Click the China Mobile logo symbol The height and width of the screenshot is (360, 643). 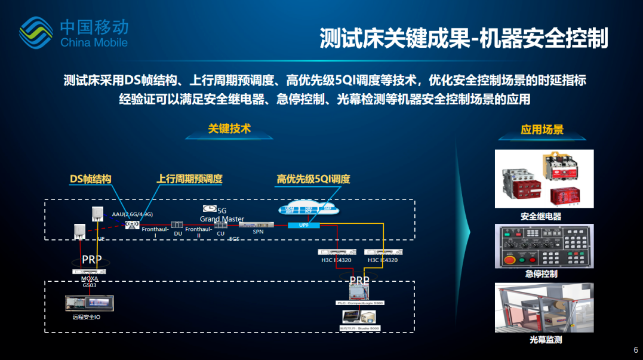[x=37, y=32]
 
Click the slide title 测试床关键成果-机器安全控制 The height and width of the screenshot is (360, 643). [x=464, y=38]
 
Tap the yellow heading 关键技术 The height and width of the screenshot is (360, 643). [x=229, y=128]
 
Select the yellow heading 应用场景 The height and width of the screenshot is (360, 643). [x=542, y=130]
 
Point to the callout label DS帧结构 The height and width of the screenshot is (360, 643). [x=91, y=179]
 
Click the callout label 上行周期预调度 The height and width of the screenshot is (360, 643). [x=189, y=179]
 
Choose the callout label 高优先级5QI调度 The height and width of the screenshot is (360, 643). [x=313, y=179]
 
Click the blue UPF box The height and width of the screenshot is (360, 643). [x=303, y=225]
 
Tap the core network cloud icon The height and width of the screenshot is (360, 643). [x=308, y=210]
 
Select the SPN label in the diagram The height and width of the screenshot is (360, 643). [x=258, y=231]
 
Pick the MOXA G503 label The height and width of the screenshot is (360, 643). [x=89, y=282]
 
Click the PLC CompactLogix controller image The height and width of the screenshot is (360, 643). [x=360, y=290]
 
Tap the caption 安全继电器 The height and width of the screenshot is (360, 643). [x=541, y=216]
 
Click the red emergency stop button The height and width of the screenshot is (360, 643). [x=510, y=260]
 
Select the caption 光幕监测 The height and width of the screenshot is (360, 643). [x=545, y=340]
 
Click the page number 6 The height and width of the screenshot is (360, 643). [x=635, y=350]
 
